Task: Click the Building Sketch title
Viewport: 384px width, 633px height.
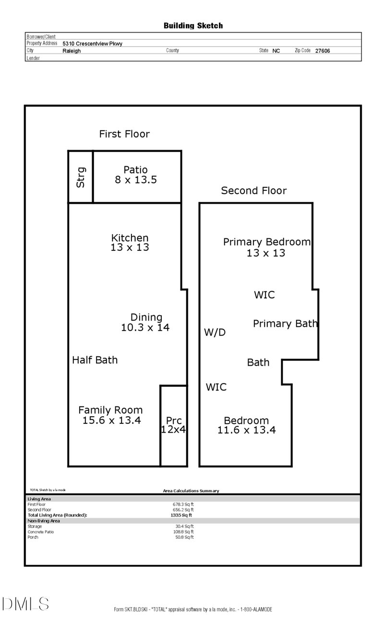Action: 193,26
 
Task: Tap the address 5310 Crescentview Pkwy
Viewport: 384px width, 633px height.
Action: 92,44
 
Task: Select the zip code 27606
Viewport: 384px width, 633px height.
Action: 323,51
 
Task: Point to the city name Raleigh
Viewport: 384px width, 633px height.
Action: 72,51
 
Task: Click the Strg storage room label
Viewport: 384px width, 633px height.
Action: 81,177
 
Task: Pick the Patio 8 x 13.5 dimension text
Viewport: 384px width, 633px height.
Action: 136,180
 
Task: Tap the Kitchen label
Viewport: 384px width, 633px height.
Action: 130,237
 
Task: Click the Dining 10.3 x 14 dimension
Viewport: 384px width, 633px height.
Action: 145,327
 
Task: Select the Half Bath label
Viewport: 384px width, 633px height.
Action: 95,360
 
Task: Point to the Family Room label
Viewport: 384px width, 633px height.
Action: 110,410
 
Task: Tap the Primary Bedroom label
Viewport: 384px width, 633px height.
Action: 266,242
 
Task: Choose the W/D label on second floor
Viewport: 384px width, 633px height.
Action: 215,332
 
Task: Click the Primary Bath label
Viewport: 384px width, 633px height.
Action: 285,323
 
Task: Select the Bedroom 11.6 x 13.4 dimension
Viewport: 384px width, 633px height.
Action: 247,430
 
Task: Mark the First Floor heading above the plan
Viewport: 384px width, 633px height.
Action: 124,134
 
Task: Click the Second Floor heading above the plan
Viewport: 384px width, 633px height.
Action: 253,191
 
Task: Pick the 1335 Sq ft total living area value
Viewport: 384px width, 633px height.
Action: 181,515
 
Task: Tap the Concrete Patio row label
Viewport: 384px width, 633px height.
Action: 41,532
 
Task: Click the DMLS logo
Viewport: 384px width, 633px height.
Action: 25,604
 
